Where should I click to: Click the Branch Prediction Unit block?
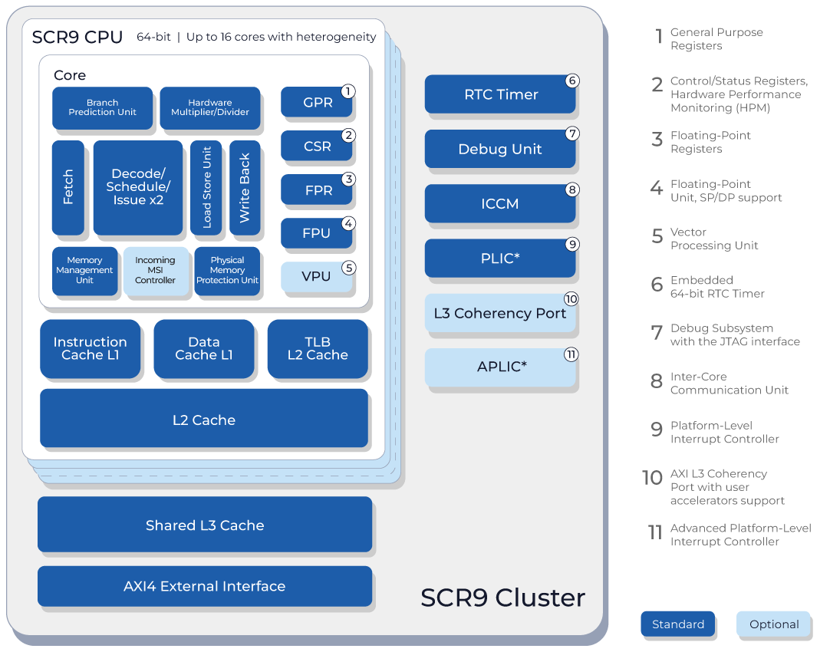pyautogui.click(x=102, y=107)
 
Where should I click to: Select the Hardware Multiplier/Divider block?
pyautogui.click(x=209, y=107)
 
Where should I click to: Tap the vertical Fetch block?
pyautogui.click(x=68, y=187)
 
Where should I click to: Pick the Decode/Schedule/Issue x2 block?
pyautogui.click(x=137, y=187)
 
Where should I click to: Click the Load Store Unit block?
pyautogui.click(x=206, y=187)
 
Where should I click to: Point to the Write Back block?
pyautogui.click(x=245, y=187)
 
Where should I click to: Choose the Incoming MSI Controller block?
pyautogui.click(x=155, y=271)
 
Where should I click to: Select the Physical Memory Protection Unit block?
pyautogui.click(x=227, y=271)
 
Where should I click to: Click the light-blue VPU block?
pyautogui.click(x=316, y=276)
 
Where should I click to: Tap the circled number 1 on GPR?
pyautogui.click(x=347, y=91)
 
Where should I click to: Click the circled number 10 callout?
pyautogui.click(x=571, y=299)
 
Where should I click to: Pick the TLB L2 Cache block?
pyautogui.click(x=318, y=348)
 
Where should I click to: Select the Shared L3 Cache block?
pyautogui.click(x=205, y=525)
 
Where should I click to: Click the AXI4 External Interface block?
pyautogui.click(x=205, y=586)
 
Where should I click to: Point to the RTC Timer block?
pyautogui.click(x=500, y=94)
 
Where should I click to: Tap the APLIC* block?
pyautogui.click(x=500, y=367)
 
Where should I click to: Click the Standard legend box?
pyautogui.click(x=678, y=624)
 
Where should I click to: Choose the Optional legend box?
pyautogui.click(x=774, y=624)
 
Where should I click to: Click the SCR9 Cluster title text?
pyautogui.click(x=503, y=598)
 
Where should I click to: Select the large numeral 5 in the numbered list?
pyautogui.click(x=657, y=236)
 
